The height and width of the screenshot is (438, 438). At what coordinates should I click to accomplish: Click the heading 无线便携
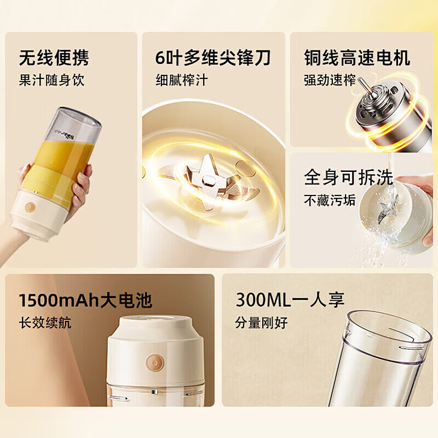[53, 57]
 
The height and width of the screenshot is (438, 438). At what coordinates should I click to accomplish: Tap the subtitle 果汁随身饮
[51, 80]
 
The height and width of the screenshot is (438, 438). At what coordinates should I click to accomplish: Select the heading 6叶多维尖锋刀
[213, 57]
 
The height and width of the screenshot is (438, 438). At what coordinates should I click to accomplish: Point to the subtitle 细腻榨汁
[182, 80]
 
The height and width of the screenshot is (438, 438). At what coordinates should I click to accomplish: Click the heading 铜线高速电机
[357, 57]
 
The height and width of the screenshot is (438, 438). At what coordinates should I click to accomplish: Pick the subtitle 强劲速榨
[330, 80]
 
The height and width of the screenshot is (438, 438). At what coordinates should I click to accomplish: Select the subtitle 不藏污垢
[330, 200]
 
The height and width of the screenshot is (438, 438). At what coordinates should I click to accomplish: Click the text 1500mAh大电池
[85, 300]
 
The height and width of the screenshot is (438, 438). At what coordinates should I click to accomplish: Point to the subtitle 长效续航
[45, 322]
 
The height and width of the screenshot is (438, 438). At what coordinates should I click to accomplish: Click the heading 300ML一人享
[290, 300]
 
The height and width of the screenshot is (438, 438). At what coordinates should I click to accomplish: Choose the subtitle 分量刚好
[261, 322]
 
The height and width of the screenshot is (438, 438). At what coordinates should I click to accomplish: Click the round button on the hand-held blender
[30, 207]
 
